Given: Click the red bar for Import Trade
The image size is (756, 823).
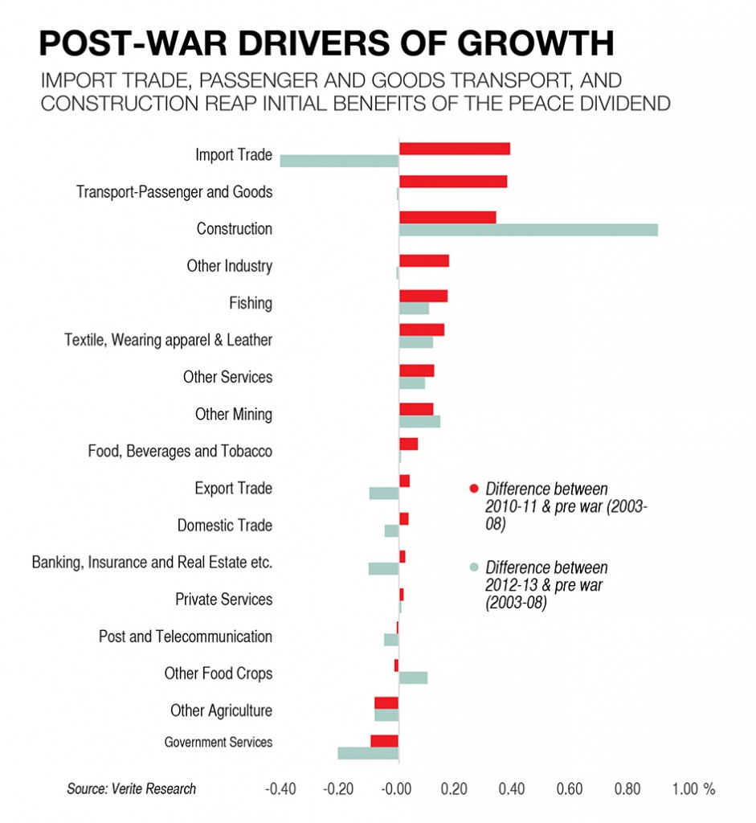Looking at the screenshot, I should pyautogui.click(x=455, y=149).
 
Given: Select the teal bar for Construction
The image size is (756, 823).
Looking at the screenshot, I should pyautogui.click(x=529, y=230).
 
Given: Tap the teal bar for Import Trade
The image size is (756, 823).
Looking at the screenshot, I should pyautogui.click(x=339, y=161).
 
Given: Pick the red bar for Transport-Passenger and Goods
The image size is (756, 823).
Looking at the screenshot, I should pyautogui.click(x=453, y=182).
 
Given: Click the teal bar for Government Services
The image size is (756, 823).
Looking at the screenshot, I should pyautogui.click(x=368, y=753).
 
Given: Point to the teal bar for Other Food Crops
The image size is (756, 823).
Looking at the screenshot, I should pyautogui.click(x=413, y=678).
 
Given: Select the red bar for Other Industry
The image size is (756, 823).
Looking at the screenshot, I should pyautogui.click(x=424, y=260).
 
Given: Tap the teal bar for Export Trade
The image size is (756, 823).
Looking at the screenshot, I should pyautogui.click(x=384, y=493).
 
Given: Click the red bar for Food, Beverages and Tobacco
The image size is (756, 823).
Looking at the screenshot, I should pyautogui.click(x=408, y=444).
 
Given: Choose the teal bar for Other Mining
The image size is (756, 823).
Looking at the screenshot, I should pyautogui.click(x=419, y=421).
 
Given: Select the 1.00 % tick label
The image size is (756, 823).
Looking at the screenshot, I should pyautogui.click(x=693, y=789).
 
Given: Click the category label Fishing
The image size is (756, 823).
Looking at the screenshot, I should pyautogui.click(x=251, y=303).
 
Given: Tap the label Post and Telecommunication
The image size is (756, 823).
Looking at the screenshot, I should pyautogui.click(x=185, y=637).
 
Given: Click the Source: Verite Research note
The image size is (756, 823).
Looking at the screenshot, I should pyautogui.click(x=131, y=789).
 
